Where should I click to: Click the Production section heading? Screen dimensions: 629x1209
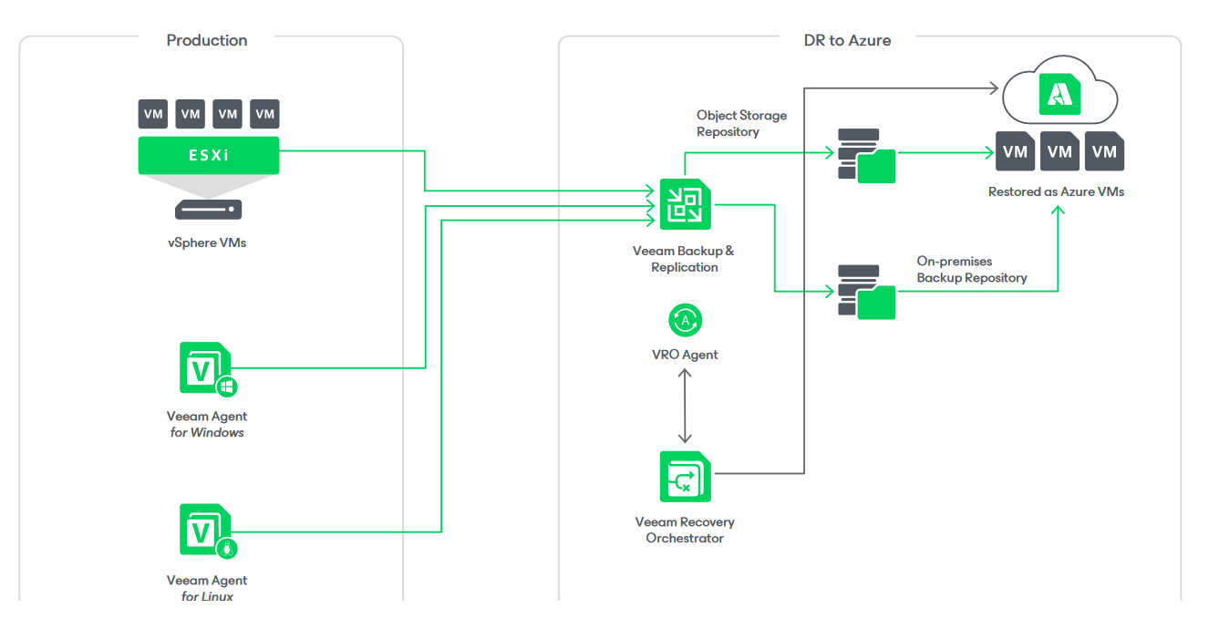207,40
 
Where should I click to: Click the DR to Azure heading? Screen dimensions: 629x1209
847,40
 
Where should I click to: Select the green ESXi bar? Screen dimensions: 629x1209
209,155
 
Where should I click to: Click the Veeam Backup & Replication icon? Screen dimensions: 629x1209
685,203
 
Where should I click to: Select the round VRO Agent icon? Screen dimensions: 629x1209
685,320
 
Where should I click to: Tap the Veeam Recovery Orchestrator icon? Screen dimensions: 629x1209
685,475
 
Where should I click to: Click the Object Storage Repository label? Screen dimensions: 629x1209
741,124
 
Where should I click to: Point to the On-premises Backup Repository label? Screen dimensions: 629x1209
971,270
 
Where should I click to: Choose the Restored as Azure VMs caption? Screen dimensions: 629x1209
1056,192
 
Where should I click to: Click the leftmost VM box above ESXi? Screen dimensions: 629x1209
153,114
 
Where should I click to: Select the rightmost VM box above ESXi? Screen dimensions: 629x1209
265,114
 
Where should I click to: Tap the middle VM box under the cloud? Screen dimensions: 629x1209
1059,152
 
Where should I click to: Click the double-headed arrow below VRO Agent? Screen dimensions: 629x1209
685,406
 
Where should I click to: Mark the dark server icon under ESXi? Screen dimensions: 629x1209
209,210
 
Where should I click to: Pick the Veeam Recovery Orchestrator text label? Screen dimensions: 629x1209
685,530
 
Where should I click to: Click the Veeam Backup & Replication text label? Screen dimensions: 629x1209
684,259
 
